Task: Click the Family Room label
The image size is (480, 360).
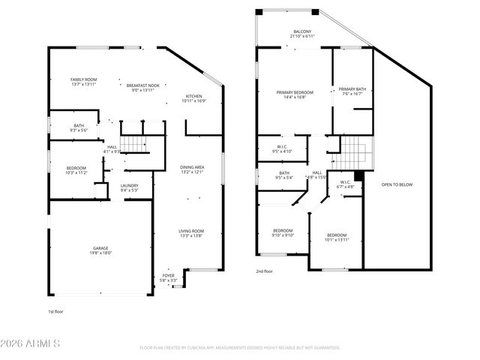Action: (82, 82)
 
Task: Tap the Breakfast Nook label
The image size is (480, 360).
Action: (142, 88)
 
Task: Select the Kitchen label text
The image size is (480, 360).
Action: (193, 98)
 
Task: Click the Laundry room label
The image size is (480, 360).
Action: (130, 187)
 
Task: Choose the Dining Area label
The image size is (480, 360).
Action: (192, 169)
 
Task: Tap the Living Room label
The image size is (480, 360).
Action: (190, 233)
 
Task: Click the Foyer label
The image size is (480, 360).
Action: (169, 278)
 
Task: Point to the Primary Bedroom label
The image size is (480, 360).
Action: (295, 94)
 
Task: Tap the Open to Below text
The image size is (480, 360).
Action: (397, 184)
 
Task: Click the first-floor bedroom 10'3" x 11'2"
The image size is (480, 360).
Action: (76, 169)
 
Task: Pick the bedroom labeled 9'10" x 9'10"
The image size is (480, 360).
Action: (283, 232)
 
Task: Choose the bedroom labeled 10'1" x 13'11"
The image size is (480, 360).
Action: (336, 237)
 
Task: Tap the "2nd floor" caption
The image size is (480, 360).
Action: (264, 271)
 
